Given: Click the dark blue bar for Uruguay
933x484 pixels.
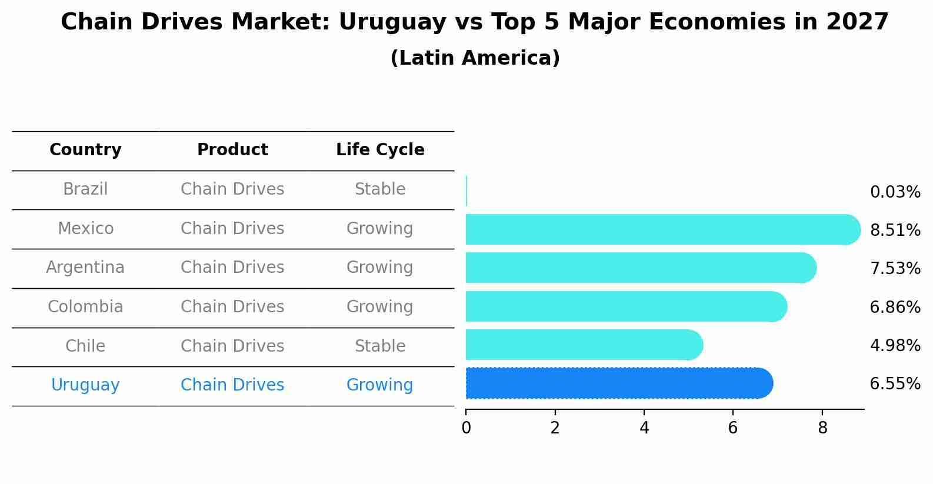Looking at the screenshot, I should [x=618, y=383].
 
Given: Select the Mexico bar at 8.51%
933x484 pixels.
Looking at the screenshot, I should [x=662, y=229].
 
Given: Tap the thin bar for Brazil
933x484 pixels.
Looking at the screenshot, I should [x=467, y=191].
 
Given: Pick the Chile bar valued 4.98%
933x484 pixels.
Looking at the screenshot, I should [x=582, y=345].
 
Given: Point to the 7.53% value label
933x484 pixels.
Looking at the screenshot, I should [x=895, y=269].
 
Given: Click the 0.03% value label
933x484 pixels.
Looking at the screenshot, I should [x=895, y=192].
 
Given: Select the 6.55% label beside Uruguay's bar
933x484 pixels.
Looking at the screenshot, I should [x=895, y=384].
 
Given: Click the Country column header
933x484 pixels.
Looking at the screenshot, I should [x=85, y=150].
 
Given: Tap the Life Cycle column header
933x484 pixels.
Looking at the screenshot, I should [x=380, y=150].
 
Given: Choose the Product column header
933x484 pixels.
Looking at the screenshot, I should [x=232, y=150].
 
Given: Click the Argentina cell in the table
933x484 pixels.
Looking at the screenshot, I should [x=85, y=268].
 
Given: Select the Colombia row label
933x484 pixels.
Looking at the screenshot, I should [x=85, y=307].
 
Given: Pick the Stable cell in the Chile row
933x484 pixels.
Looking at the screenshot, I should [x=380, y=346].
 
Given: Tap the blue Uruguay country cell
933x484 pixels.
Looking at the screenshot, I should [x=85, y=385].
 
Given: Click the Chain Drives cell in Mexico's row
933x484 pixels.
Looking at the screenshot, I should [x=232, y=228].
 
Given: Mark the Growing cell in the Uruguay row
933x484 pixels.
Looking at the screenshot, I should [x=380, y=385].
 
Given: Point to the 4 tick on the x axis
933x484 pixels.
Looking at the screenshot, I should [x=644, y=428].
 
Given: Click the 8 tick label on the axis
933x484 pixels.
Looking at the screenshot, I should [x=822, y=428].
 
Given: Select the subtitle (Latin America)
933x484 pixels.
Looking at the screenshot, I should [x=475, y=58].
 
